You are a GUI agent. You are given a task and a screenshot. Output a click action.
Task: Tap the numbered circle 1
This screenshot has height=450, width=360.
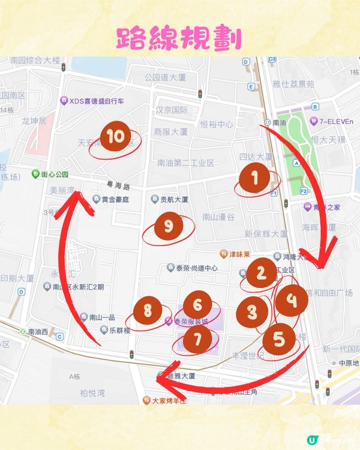click(x=255, y=178)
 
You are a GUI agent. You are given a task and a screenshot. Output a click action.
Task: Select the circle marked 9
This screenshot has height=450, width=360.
click(x=169, y=227)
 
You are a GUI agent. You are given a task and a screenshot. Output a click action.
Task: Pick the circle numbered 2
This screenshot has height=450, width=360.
click(x=261, y=273)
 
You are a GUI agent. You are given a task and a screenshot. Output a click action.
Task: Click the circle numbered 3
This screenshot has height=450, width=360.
click(x=252, y=312)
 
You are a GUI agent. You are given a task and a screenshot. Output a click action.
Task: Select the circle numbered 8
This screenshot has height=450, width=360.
click(x=148, y=311)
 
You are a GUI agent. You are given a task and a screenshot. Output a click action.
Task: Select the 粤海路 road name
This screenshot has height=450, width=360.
click(x=118, y=187)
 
